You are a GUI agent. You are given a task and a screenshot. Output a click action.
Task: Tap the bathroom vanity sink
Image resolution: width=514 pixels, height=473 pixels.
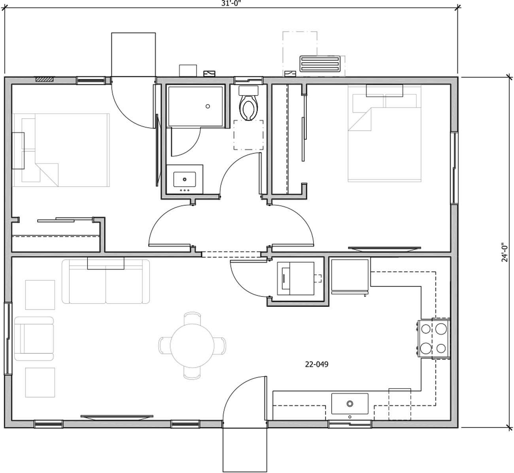pyautogui.click(x=185, y=180)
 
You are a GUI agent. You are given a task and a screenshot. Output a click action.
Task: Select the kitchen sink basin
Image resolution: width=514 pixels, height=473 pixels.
pyautogui.click(x=350, y=404)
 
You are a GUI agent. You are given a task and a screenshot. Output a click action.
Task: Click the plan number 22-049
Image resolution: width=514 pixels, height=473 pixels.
pyautogui.click(x=316, y=364)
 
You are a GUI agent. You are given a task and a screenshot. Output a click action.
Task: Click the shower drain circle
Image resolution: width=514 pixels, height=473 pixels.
pyautogui.click(x=207, y=106)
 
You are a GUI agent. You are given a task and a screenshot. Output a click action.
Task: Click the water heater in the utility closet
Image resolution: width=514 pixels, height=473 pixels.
pyautogui.click(x=295, y=278)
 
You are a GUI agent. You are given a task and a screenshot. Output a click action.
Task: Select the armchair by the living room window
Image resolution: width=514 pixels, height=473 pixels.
pyautogui.click(x=34, y=338)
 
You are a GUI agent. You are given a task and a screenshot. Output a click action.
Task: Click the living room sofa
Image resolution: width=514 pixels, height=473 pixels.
pyautogui.click(x=106, y=282)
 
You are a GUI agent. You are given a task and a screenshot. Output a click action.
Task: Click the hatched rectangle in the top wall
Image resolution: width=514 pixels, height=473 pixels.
pyautogui.click(x=44, y=79)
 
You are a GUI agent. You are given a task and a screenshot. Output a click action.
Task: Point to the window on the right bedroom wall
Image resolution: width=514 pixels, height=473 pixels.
pyautogui.click(x=454, y=168)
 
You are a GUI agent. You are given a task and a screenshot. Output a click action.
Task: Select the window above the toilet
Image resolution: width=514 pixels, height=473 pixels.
pyautogui.click(x=249, y=80)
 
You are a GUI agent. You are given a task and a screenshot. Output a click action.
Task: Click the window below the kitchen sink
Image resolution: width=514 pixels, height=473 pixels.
pyautogui.click(x=350, y=424)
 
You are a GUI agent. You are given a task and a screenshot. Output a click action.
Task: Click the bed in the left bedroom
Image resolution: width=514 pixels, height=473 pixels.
pyautogui.click(x=61, y=150)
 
